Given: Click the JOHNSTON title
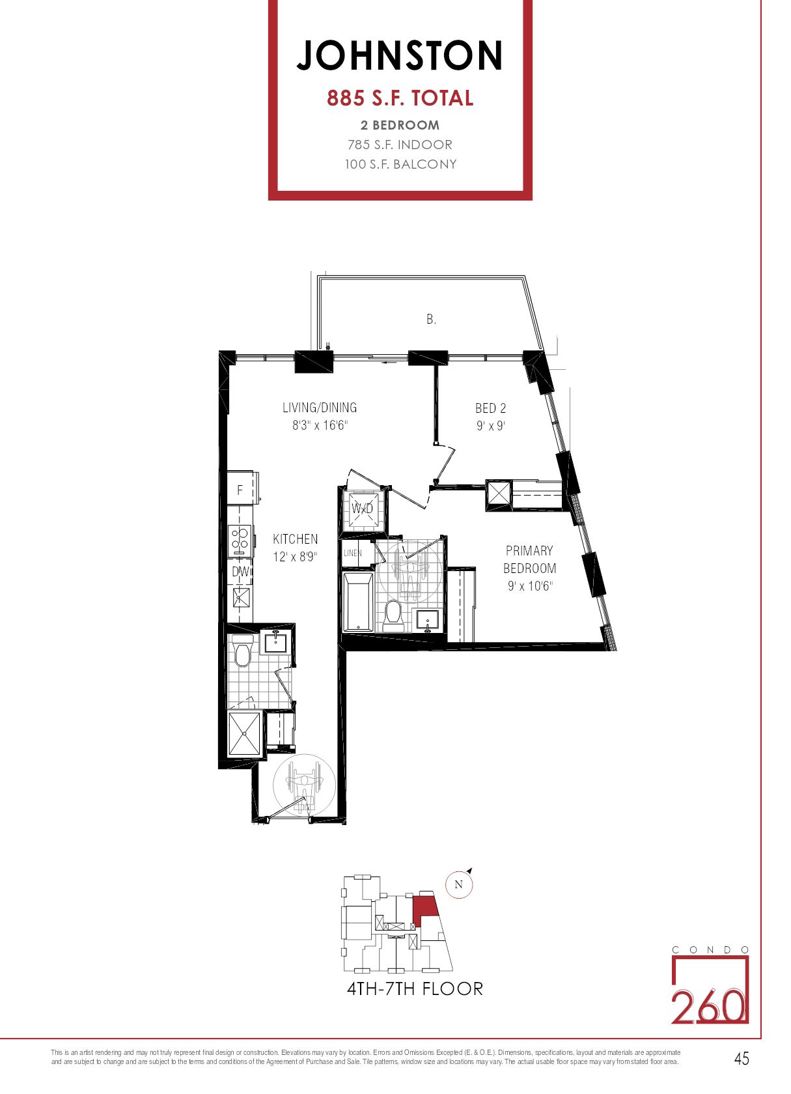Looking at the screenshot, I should [x=400, y=55].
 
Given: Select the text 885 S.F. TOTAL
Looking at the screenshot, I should [x=400, y=98].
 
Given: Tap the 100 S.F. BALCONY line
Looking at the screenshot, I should [x=400, y=164].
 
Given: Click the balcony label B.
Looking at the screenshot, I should [x=431, y=319].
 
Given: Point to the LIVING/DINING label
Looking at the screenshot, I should [x=320, y=408].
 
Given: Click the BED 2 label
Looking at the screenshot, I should [x=490, y=408].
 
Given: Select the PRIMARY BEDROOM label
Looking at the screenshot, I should [x=529, y=559].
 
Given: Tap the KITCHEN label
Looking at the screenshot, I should [x=295, y=539].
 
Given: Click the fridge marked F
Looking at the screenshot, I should [x=240, y=490].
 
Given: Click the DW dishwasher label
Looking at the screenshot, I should [x=240, y=572].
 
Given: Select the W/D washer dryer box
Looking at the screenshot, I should [x=363, y=509].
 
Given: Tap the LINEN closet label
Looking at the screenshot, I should [x=353, y=553].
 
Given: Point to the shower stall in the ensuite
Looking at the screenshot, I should [x=244, y=733].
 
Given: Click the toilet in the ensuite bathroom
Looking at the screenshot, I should [x=242, y=654].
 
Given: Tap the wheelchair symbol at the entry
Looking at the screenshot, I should [x=304, y=788].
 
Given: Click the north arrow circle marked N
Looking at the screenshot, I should [x=458, y=884].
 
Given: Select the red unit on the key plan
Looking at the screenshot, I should [x=424, y=908].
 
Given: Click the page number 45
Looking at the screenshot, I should [x=742, y=1059].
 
